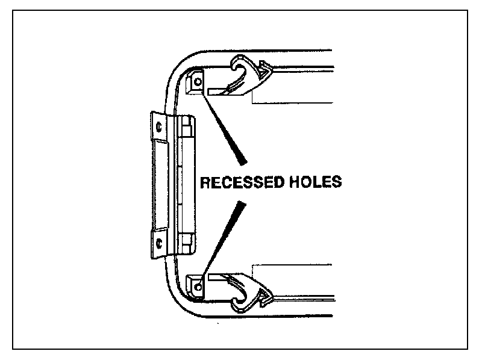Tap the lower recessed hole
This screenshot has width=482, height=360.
[x=197, y=280]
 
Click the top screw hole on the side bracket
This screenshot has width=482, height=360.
[x=158, y=127]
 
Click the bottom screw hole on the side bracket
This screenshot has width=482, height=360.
[x=158, y=243]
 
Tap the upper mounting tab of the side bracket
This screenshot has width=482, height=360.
[x=156, y=127]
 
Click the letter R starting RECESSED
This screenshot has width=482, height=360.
[x=205, y=181]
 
